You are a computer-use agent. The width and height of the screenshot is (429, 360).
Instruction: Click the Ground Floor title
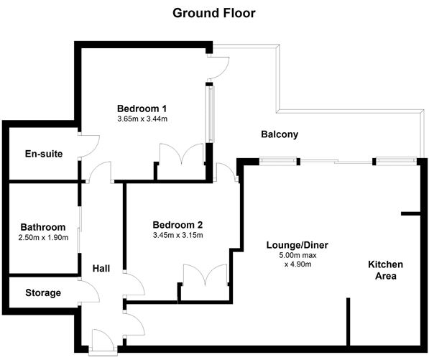(214, 13)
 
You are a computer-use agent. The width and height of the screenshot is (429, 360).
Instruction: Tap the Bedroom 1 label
(142, 109)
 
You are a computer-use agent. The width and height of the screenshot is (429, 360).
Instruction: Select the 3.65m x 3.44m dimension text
(142, 119)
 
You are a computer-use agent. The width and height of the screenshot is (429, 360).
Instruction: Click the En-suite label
(44, 154)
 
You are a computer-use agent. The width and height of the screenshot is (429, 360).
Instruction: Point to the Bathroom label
(43, 227)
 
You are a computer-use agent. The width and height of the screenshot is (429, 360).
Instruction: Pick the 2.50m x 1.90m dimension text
(43, 237)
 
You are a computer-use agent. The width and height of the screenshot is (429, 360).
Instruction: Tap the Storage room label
(43, 293)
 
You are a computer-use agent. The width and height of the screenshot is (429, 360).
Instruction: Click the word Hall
(101, 268)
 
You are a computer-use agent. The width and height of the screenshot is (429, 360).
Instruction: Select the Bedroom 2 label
(177, 225)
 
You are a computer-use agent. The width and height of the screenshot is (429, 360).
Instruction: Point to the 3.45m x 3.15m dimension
(178, 235)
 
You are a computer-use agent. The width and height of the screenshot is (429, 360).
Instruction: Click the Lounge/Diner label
(297, 245)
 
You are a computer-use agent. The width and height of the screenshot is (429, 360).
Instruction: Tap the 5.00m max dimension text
(297, 256)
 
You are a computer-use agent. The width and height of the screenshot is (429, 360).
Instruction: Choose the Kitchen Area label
(385, 270)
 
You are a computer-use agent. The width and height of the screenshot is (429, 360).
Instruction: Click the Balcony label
(280, 134)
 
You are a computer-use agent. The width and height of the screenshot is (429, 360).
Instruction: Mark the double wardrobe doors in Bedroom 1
(182, 154)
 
